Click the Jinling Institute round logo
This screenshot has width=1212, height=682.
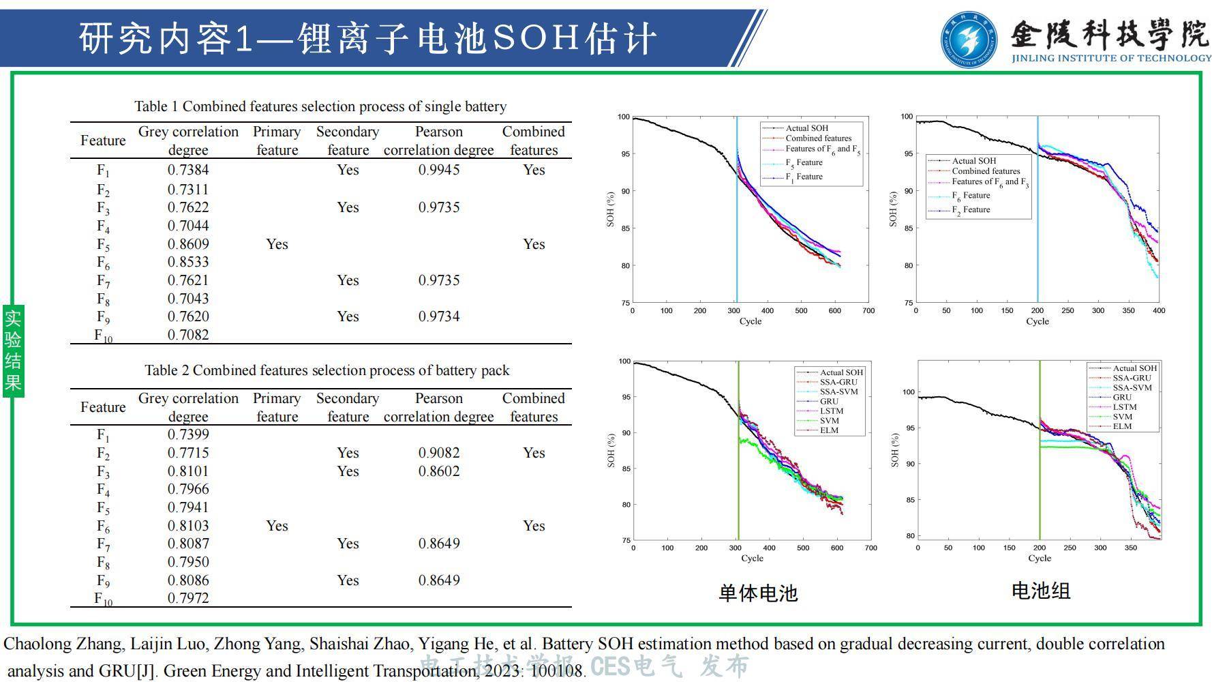(969, 40)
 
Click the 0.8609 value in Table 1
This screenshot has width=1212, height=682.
(188, 244)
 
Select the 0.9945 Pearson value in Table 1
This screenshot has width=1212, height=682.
(438, 170)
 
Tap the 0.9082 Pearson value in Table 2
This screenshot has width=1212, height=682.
(438, 453)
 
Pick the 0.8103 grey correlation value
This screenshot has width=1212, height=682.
(188, 526)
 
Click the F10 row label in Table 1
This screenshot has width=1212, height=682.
(103, 336)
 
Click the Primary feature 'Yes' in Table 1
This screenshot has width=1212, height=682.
(277, 244)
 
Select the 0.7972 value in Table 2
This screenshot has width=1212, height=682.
(188, 598)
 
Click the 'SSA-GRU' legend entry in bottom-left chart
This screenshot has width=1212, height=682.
(838, 382)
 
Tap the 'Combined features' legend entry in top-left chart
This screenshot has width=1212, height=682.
(818, 138)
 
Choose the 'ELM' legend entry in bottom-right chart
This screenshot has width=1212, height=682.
(1122, 426)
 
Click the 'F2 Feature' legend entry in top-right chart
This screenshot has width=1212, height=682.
(971, 210)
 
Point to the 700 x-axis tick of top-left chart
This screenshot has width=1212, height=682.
(868, 311)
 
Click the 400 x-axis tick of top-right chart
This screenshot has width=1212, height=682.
(1159, 311)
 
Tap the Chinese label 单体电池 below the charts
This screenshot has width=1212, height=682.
(758, 593)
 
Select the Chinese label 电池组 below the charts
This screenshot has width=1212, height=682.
(1040, 591)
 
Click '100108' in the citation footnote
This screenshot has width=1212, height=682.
(556, 671)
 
